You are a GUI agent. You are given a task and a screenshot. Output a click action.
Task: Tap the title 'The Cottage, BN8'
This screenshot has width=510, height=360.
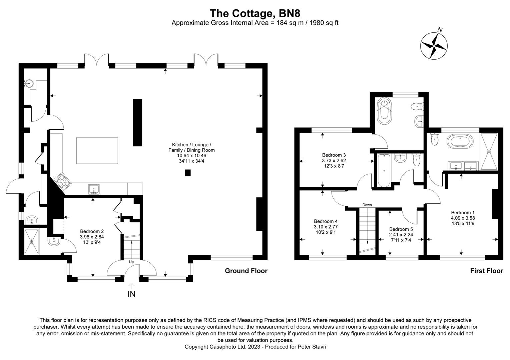(x=255, y=13)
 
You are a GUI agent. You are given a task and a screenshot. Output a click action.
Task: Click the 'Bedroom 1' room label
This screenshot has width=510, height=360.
(x=463, y=213)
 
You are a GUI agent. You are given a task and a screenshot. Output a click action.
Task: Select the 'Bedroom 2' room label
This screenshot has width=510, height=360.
(x=92, y=231)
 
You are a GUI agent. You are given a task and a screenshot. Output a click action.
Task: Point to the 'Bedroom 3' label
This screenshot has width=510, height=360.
(x=334, y=155)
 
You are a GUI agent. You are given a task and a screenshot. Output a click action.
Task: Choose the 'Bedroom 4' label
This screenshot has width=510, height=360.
(x=326, y=221)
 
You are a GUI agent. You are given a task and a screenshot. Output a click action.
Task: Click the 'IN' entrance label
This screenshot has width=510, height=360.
(x=132, y=294)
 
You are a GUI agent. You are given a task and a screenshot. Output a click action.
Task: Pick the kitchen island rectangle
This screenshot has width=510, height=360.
(x=97, y=151)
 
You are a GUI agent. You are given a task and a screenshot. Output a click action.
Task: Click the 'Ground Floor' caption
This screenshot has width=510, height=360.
(x=246, y=271)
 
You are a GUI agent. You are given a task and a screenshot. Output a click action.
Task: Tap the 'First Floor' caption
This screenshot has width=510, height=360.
(x=486, y=271)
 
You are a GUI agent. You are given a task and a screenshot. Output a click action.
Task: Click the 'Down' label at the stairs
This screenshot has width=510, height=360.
(x=367, y=205)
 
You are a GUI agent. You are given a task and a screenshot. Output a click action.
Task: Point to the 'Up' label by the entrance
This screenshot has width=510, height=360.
(x=131, y=262)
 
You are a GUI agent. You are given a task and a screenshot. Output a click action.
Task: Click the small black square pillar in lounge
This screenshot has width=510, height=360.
(x=188, y=173)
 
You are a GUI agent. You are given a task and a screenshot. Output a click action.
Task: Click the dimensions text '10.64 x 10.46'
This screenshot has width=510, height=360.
(x=191, y=156)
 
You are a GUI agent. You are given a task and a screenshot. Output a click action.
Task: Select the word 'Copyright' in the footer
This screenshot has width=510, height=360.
(x=196, y=347)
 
